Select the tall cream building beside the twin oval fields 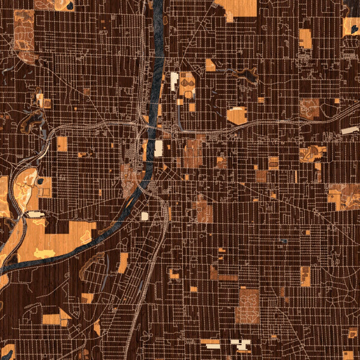pos(175,81)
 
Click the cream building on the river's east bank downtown pos(158,149)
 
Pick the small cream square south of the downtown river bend pos(145,216)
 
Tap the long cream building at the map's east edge pos(349,130)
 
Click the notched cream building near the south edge pos(241,344)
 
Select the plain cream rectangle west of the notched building pos(211,344)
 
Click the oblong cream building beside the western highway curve pos(35,214)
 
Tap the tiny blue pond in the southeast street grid pos(283,242)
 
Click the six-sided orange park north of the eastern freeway pos(237,115)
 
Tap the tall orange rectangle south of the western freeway pos(62,144)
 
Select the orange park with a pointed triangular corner pos(57,317)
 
